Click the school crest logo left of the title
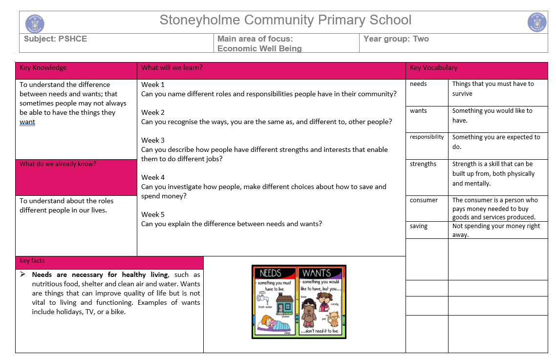35,23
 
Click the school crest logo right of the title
537,22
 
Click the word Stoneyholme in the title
199,20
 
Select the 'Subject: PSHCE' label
55,39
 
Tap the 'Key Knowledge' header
43,68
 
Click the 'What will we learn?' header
171,68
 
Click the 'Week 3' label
153,140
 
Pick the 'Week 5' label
153,214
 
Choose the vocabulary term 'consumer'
424,200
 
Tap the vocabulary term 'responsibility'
427,137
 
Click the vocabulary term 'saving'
419,226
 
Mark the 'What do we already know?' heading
58,164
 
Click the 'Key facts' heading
32,261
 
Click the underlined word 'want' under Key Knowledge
27,122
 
